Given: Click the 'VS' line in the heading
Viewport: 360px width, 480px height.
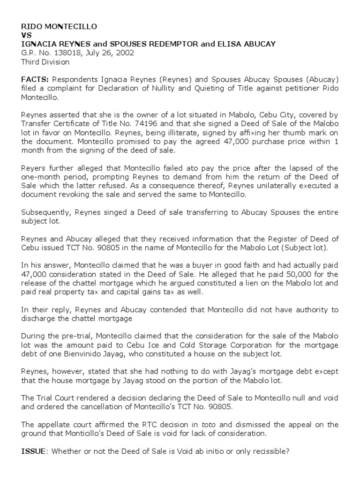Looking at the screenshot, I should [x=27, y=35].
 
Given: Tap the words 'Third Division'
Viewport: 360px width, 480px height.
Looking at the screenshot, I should [x=45, y=61].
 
